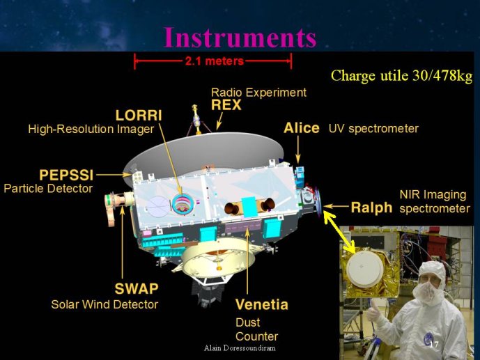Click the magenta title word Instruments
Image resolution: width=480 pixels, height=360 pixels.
[x=240, y=38]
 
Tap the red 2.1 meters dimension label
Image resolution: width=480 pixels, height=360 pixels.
[x=215, y=61]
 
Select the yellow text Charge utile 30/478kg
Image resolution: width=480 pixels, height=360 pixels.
[x=402, y=76]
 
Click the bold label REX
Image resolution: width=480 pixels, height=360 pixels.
[x=226, y=105]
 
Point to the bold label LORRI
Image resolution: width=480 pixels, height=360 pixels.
[x=139, y=116]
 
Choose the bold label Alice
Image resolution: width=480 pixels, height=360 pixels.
[x=302, y=128]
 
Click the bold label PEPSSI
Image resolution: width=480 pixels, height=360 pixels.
[x=66, y=175]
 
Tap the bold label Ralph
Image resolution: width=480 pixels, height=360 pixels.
[x=371, y=208]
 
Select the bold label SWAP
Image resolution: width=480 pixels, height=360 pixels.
[x=137, y=288]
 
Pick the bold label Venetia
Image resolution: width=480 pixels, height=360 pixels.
[x=262, y=304]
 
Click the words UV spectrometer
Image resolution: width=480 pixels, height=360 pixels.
[x=373, y=129]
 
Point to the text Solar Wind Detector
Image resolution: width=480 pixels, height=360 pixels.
[x=104, y=304]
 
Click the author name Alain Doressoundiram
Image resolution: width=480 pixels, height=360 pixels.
[x=240, y=347]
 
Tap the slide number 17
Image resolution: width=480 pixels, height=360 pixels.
[x=434, y=345]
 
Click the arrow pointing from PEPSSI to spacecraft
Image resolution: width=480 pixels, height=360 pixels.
[x=114, y=175]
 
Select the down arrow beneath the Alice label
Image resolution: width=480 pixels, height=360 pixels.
[x=298, y=150]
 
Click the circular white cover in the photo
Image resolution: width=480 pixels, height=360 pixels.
[x=365, y=269]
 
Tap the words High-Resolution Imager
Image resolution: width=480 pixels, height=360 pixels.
[x=91, y=130]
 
